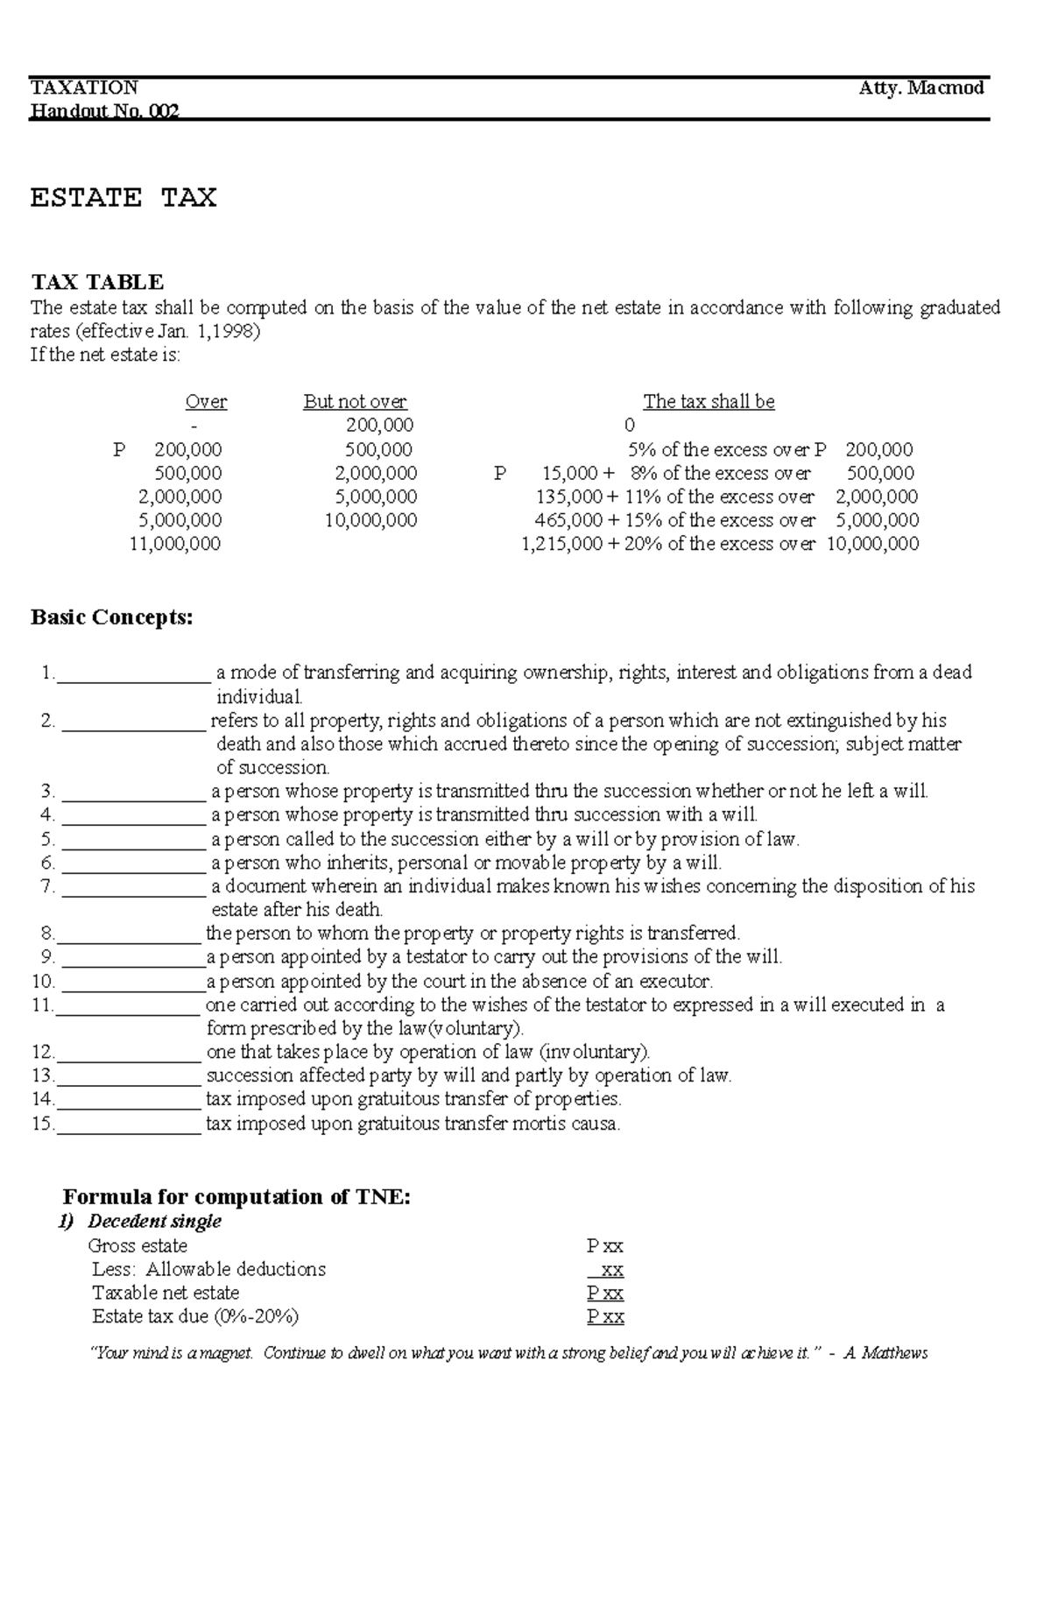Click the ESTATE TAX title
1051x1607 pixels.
pyautogui.click(x=123, y=198)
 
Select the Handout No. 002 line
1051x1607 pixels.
pyautogui.click(x=104, y=111)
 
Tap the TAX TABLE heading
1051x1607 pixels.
pyautogui.click(x=97, y=282)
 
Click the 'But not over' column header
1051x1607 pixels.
pyautogui.click(x=355, y=402)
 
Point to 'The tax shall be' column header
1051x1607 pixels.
pyautogui.click(x=709, y=402)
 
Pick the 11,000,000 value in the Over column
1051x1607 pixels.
pyautogui.click(x=175, y=544)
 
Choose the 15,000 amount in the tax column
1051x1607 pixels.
pyautogui.click(x=570, y=473)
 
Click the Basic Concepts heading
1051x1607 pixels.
pyautogui.click(x=111, y=617)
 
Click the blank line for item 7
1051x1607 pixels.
pyautogui.click(x=134, y=888)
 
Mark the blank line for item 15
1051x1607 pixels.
pyautogui.click(x=129, y=1125)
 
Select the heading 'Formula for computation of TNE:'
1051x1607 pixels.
pyautogui.click(x=236, y=1197)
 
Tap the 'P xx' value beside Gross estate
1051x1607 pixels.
pyautogui.click(x=605, y=1246)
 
